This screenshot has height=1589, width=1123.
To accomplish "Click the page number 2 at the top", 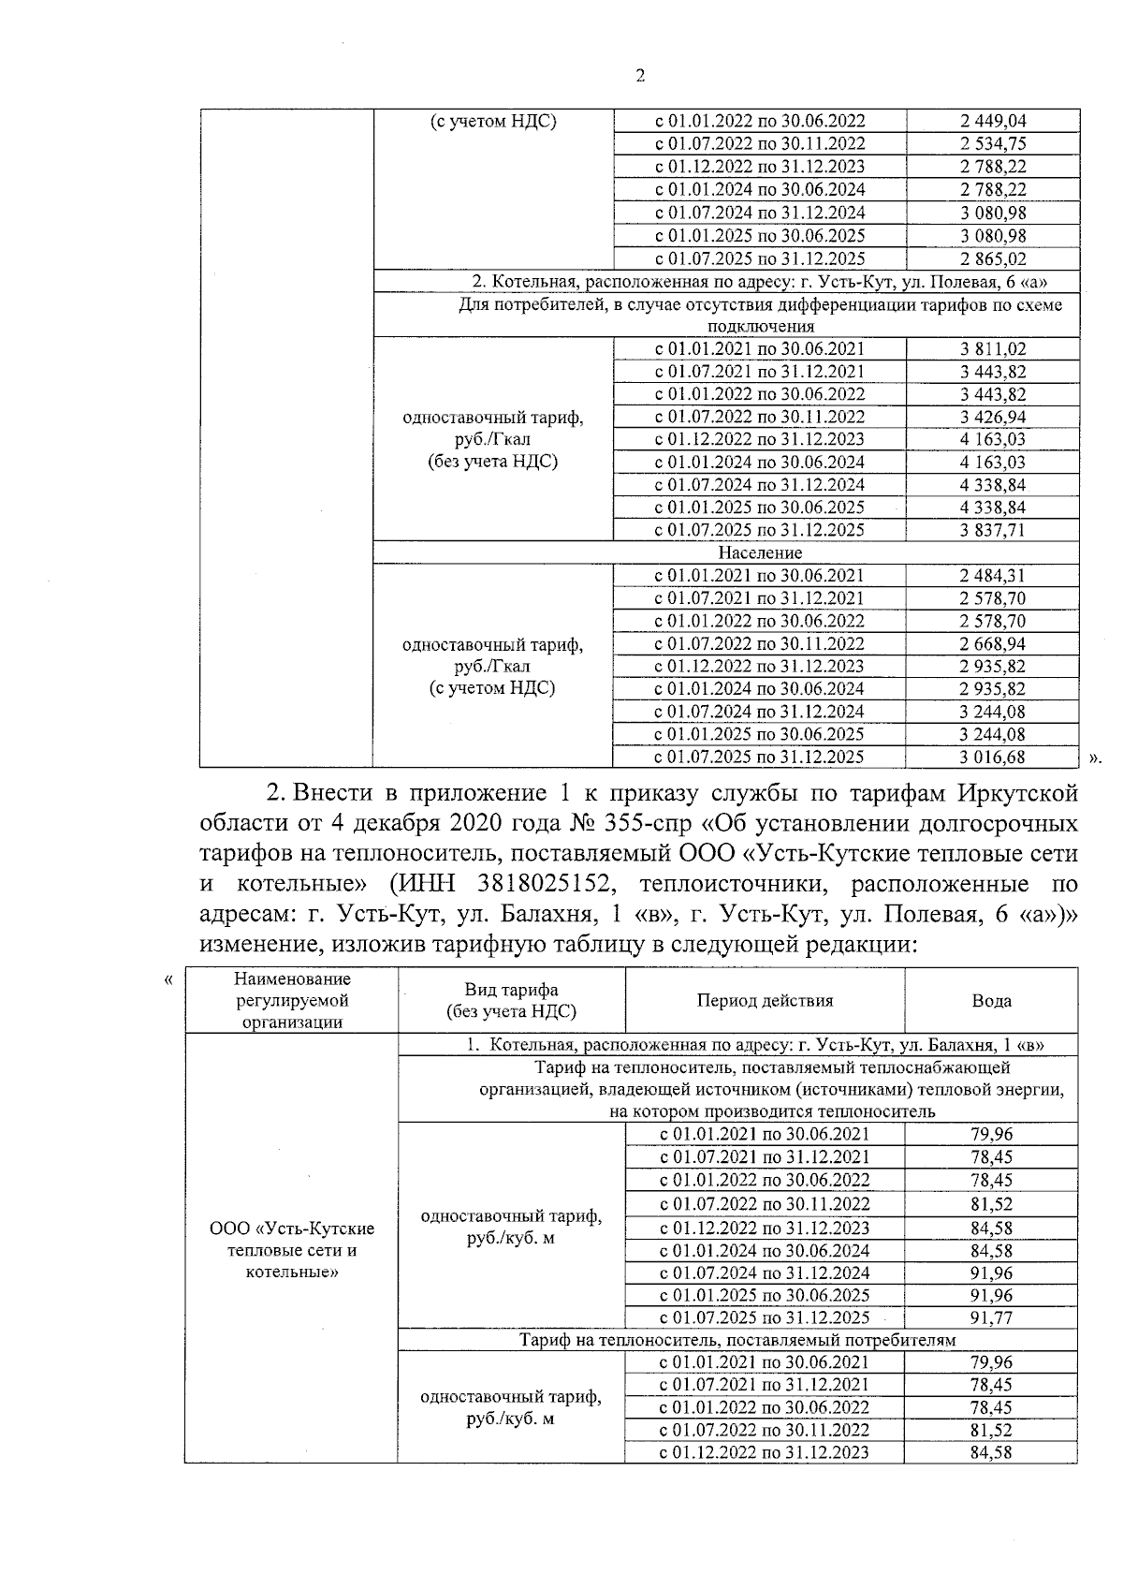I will coord(640,77).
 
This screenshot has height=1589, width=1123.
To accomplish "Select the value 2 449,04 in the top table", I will coord(992,121).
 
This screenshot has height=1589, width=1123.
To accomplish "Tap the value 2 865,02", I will coord(992,259).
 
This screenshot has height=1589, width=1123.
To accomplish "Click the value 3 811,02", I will coord(992,349).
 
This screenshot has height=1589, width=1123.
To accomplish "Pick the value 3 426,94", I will coord(992,417).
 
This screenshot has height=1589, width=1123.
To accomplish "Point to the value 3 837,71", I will coord(992,530).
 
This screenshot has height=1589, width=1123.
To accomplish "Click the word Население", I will coord(760,552).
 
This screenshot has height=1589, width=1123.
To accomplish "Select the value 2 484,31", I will coord(992,576).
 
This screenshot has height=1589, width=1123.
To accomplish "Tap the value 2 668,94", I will coord(992,643).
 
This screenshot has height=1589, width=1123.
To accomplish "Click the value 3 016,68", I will coord(992,757).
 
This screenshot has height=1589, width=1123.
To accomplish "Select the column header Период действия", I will coord(765,1000).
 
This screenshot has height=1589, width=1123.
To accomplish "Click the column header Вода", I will coord(991,1000).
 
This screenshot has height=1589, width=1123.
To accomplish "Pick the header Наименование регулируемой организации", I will coord(291,1000).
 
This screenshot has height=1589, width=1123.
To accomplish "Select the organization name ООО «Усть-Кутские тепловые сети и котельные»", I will coord(291,1250).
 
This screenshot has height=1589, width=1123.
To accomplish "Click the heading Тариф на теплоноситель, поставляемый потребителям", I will coord(737,1340).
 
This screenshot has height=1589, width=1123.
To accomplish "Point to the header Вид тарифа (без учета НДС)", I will coord(511,1000).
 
